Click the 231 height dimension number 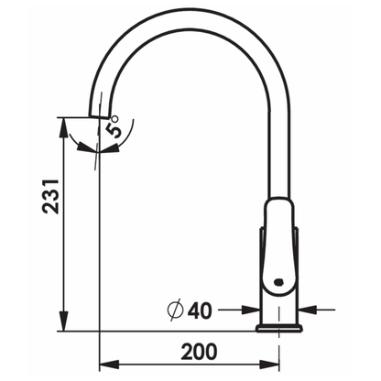(50, 197)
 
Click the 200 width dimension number (199, 352)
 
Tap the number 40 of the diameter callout (200, 310)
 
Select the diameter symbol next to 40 (175, 310)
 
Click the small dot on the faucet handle (278, 282)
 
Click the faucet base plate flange (279, 328)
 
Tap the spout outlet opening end (99, 116)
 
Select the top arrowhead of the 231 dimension (63, 127)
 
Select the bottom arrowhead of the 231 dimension (63, 321)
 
